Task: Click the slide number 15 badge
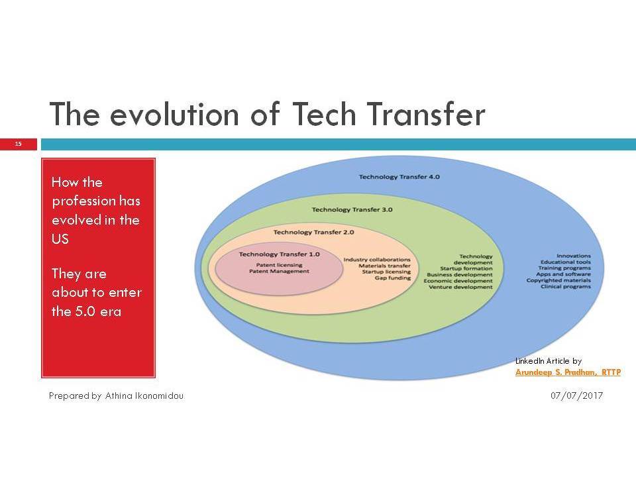(19, 144)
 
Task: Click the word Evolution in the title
(174, 114)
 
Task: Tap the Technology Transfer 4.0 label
(399, 177)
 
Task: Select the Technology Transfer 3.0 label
(352, 210)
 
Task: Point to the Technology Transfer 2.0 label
(313, 233)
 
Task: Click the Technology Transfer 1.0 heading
(279, 254)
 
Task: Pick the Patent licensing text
(279, 265)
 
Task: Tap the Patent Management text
(279, 272)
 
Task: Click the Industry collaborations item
(377, 260)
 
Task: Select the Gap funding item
(393, 278)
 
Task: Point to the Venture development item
(460, 287)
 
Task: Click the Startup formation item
(466, 268)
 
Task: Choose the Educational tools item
(565, 262)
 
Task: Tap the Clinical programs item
(565, 287)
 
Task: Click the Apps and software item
(563, 274)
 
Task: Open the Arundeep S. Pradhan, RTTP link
(568, 372)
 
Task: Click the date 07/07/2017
(576, 396)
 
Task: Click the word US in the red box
(60, 239)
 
